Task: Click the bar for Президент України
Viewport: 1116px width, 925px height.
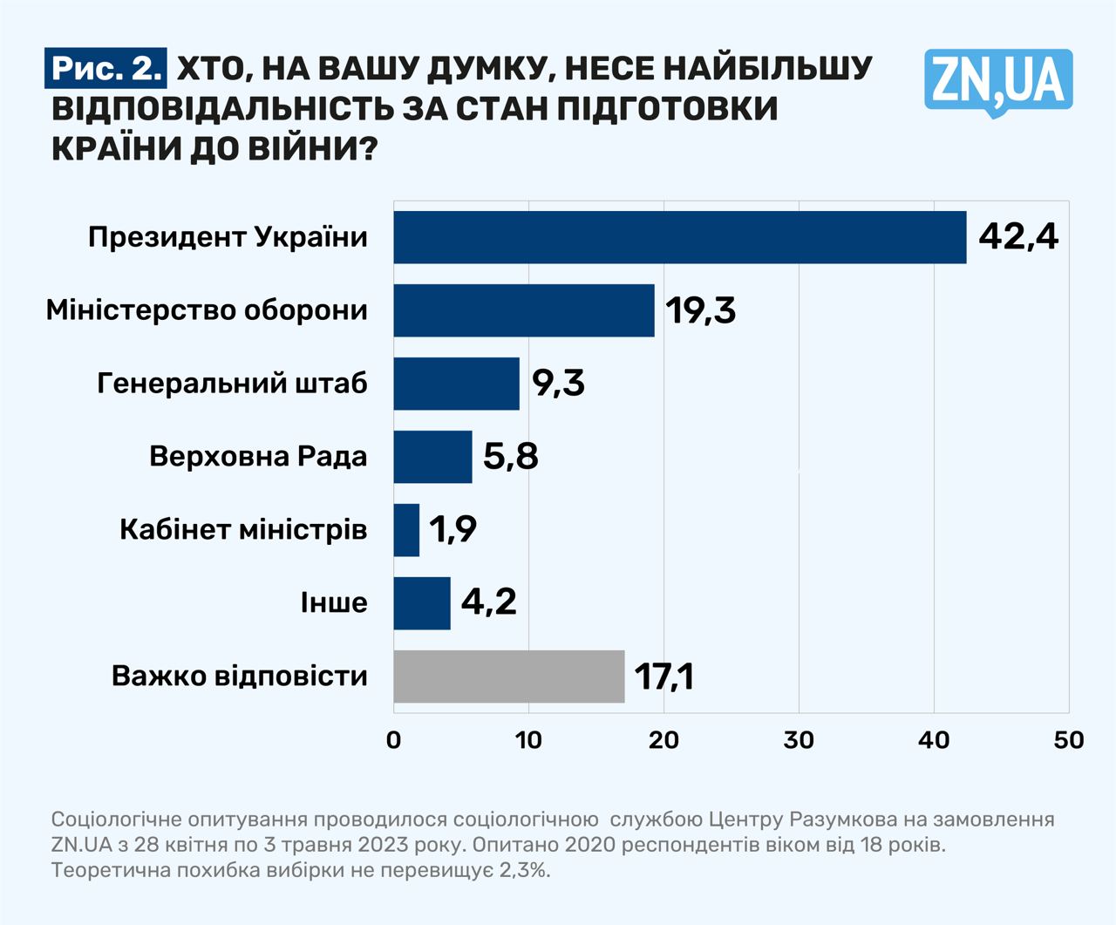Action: click(x=679, y=237)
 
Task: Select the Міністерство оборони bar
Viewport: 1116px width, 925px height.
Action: click(x=523, y=310)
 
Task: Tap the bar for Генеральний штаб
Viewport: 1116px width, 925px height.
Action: click(x=456, y=384)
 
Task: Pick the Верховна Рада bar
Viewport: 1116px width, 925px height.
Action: click(x=432, y=457)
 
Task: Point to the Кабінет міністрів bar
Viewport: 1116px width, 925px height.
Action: click(x=406, y=530)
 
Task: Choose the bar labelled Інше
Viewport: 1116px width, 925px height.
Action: click(x=422, y=603)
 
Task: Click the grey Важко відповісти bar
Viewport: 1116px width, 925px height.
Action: click(x=508, y=677)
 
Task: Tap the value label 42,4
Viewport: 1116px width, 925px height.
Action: click(x=1017, y=236)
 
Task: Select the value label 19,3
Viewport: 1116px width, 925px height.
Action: click(x=701, y=310)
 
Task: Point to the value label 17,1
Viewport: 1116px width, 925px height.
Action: click(x=664, y=677)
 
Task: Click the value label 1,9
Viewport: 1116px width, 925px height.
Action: click(x=453, y=529)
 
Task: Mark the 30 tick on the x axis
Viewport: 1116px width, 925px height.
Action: click(x=799, y=740)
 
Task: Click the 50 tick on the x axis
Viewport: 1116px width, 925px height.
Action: click(x=1069, y=740)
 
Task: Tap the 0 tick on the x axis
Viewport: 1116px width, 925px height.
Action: click(x=394, y=740)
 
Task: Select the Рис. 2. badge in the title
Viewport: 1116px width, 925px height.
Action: click(x=105, y=69)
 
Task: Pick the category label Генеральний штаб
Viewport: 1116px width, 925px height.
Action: click(x=232, y=384)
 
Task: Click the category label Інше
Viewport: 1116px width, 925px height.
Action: click(x=334, y=603)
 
